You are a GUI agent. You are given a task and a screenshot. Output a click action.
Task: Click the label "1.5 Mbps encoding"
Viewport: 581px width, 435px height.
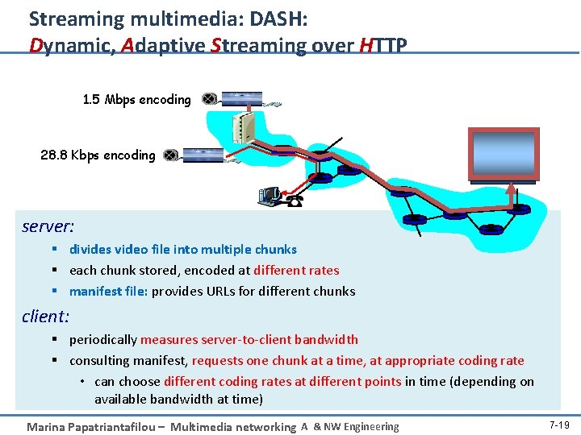(x=136, y=100)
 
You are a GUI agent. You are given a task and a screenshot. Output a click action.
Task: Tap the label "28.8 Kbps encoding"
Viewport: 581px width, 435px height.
(x=98, y=155)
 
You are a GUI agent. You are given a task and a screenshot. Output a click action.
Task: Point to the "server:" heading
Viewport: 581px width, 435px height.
(x=48, y=226)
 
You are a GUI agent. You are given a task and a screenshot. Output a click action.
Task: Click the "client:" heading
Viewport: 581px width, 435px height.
(x=45, y=317)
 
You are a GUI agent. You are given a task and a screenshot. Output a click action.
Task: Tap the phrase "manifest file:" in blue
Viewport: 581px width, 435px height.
(x=109, y=291)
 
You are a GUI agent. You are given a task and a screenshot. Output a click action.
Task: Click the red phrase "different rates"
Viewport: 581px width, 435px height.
(x=296, y=270)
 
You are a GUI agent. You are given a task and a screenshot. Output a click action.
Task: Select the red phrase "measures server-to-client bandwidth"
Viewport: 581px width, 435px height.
(x=249, y=339)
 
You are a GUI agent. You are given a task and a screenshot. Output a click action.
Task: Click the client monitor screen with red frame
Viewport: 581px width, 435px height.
(x=504, y=154)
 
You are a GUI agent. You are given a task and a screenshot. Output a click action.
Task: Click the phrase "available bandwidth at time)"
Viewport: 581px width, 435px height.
(x=178, y=399)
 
